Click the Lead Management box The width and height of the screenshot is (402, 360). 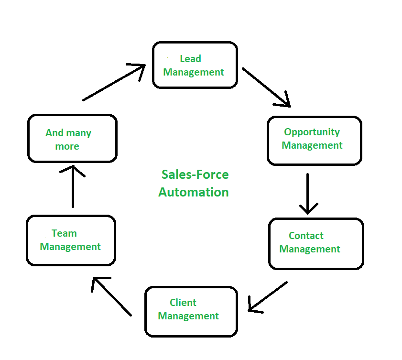pos(195,65)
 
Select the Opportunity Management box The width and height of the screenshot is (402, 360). pos(314,141)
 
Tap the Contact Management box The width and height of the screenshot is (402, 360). pos(315,243)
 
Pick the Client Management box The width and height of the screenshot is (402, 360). pos(191,311)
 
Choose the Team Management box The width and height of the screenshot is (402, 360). pos(71,240)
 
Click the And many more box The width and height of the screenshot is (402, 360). pos(72,139)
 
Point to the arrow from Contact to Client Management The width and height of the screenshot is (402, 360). pos(268,296)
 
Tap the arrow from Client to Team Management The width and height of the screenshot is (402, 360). pos(112,296)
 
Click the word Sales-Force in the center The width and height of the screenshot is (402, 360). pos(195,175)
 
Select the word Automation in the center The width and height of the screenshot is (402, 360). pos(194,192)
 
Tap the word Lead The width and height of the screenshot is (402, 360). pos(190,59)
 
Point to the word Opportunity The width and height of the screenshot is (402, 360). pos(312,132)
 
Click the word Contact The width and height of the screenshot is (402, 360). pos(306,236)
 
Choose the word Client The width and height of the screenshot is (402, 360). pos(183,303)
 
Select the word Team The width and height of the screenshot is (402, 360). pos(64,233)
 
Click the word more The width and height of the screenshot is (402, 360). pos(67,146)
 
